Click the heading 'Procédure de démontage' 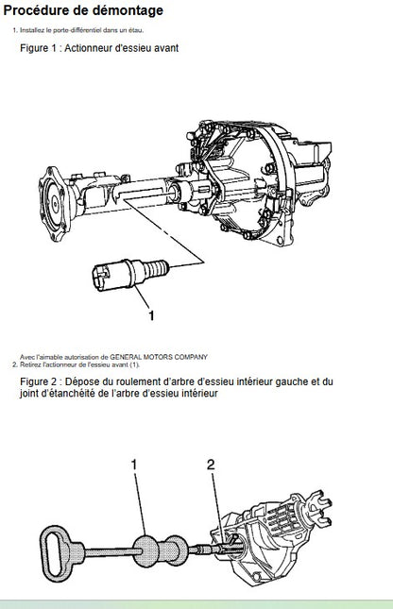pos(83,10)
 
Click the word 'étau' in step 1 pos(136,30)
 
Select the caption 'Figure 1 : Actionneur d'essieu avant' pos(99,48)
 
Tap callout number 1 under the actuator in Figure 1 pos(151,315)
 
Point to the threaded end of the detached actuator pos(157,268)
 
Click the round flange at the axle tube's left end pos(55,203)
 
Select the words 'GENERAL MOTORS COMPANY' pos(159,357)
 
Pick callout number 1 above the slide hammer pos(134,465)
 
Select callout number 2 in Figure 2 pos(211,465)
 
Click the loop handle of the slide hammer pos(55,553)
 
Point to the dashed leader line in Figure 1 pos(164,232)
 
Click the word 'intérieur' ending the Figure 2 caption pos(198,394)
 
